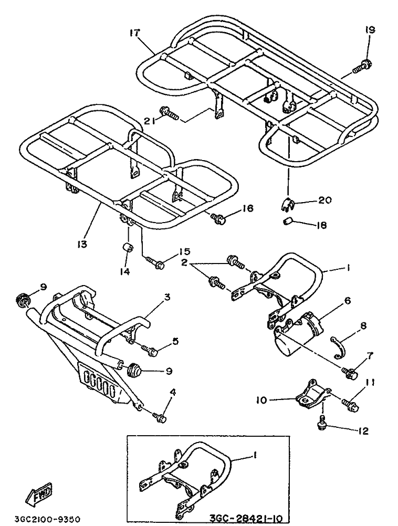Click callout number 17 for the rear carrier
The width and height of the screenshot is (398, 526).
tap(135, 33)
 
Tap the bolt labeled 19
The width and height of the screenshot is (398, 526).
tap(361, 66)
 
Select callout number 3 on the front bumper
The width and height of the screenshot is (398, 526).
tap(167, 297)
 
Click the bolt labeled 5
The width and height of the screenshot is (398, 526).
tap(150, 350)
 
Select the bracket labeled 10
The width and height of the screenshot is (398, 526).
tap(311, 396)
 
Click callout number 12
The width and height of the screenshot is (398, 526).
tap(363, 431)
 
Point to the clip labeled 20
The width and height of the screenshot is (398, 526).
tap(287, 204)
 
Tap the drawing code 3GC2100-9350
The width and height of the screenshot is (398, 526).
tap(47, 519)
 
